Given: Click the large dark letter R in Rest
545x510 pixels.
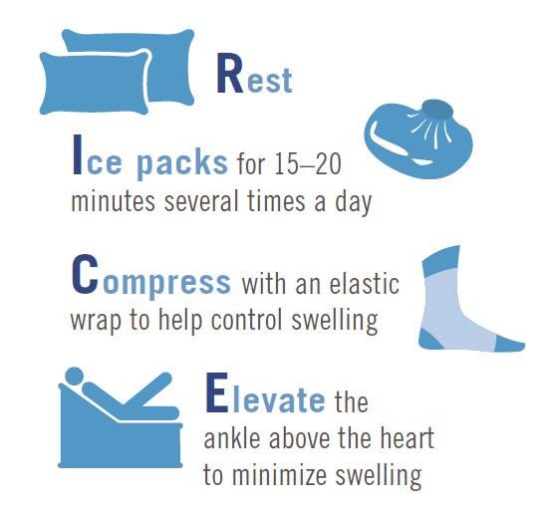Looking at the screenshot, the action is tap(229, 74).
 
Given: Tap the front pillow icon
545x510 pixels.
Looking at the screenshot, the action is tap(94, 84).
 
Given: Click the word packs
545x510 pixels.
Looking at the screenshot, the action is tap(182, 163).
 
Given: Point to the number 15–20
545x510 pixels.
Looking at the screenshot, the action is tap(308, 163).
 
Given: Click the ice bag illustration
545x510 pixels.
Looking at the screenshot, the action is tap(418, 139).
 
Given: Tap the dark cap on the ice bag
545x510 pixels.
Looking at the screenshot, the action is tap(437, 110).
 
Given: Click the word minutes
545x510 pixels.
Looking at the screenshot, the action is tap(113, 201).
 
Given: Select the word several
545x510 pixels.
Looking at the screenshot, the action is tap(201, 200).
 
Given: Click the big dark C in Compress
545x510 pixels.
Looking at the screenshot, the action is tap(85, 274).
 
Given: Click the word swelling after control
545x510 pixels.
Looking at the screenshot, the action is tap(335, 322).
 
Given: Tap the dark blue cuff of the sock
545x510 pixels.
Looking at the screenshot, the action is tap(441, 257).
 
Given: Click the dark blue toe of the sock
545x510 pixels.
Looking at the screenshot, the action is tap(509, 344).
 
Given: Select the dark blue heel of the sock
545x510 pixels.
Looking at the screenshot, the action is tap(430, 339).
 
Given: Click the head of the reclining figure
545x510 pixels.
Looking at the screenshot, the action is tap(74, 377).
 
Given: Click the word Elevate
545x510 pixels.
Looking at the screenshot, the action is tap(266, 394).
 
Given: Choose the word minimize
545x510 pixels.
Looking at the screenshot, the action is tap(279, 475).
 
